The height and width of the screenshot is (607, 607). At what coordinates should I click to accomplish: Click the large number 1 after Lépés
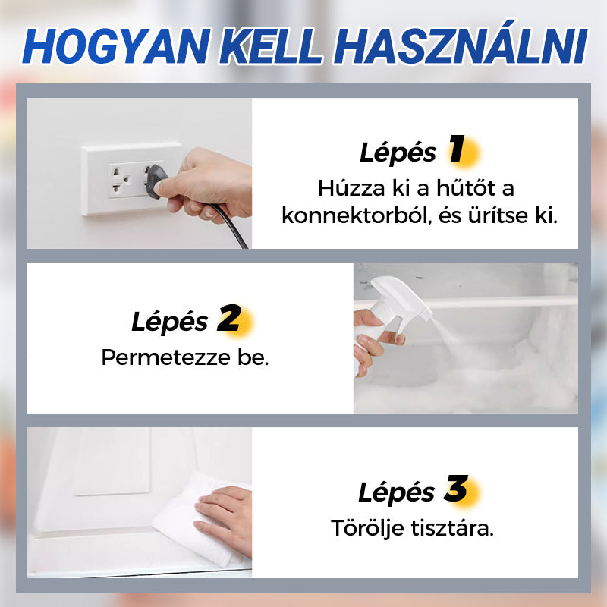[457, 150]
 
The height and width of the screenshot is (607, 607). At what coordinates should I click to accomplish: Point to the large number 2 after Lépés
[229, 319]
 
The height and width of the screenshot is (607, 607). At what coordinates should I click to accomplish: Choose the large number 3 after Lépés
[456, 489]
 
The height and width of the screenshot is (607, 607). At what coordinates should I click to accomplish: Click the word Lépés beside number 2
[168, 322]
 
